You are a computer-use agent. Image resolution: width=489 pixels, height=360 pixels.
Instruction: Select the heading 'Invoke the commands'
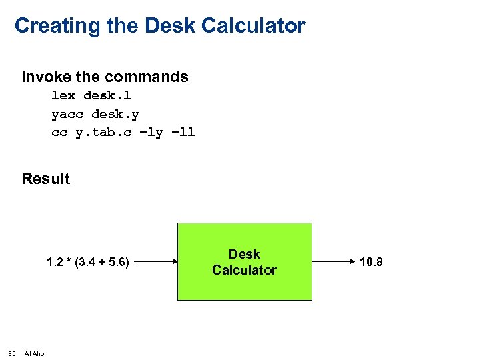[x=105, y=77]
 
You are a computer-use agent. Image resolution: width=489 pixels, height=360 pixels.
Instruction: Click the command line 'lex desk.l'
[x=91, y=95]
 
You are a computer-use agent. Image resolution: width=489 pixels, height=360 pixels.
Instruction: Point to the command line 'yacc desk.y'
[x=95, y=114]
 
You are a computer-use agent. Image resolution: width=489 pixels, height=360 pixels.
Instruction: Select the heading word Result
[x=45, y=179]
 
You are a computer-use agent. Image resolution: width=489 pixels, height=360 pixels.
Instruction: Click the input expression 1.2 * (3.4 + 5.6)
[x=88, y=262]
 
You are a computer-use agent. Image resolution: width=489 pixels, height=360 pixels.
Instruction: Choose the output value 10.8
[x=371, y=262]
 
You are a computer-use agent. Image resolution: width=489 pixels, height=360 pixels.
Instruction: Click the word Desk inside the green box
[x=244, y=254]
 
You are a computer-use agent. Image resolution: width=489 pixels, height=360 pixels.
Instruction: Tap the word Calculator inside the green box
[x=244, y=270]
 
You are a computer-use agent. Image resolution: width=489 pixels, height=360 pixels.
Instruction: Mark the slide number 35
[x=12, y=353]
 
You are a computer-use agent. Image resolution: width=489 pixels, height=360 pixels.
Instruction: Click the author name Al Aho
[x=34, y=353]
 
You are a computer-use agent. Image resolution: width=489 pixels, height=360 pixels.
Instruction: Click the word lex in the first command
[x=63, y=95]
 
